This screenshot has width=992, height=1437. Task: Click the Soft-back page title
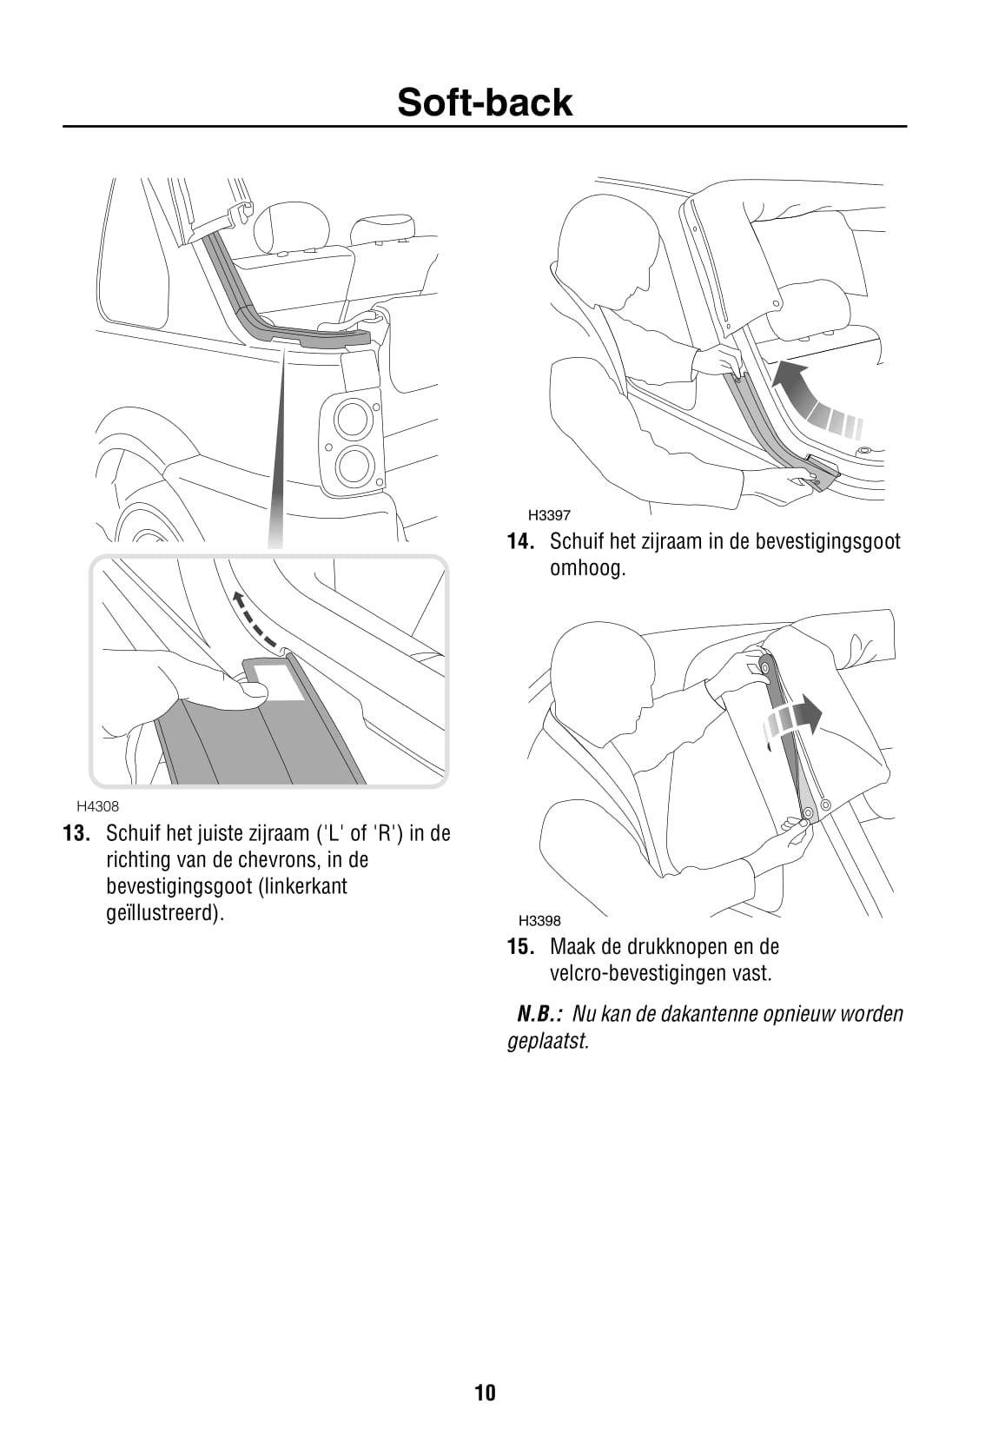pos(484,102)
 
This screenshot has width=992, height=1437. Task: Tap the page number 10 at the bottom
pos(486,1393)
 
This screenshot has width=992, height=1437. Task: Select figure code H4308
pos(98,806)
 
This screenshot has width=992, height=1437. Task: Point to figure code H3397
pos(549,514)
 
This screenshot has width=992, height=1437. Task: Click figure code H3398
pos(539,921)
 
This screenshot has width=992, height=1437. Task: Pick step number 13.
pos(76,833)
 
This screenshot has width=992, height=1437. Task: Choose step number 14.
pos(520,541)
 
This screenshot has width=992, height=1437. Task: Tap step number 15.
pos(520,946)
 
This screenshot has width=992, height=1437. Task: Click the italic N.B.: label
pos(540,1014)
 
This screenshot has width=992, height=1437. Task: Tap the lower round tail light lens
pos(352,465)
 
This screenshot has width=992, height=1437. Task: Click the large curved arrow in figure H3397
pos(814,398)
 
